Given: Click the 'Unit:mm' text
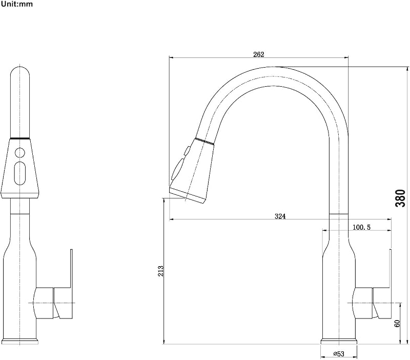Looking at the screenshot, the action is (17, 4).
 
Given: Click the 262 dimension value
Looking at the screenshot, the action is (259, 54).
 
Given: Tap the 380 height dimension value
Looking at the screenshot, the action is (400, 198).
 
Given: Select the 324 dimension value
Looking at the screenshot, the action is (280, 216).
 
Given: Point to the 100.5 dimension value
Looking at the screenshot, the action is (362, 227).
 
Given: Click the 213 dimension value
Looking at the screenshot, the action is (160, 271).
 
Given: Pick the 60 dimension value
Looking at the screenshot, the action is (397, 324).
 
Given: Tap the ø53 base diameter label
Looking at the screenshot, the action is (339, 354).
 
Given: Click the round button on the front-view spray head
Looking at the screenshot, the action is (19, 152).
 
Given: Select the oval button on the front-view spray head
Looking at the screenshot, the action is (19, 173).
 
